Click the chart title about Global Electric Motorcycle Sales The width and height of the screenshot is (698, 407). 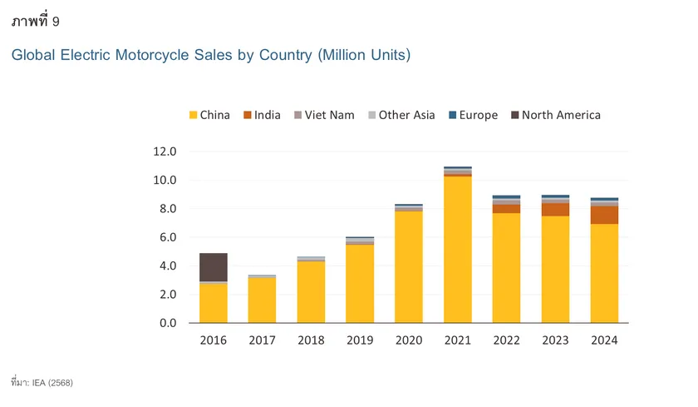click(210, 55)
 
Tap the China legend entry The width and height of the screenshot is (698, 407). click(209, 115)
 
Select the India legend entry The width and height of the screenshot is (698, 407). click(262, 115)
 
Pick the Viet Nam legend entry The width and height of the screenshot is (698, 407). click(323, 115)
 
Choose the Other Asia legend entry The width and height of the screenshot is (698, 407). click(401, 115)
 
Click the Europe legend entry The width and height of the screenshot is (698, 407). click(472, 115)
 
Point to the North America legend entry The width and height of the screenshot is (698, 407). click(554, 115)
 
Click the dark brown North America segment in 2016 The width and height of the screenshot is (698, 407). click(214, 267)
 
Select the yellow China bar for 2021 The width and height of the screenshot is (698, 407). click(458, 250)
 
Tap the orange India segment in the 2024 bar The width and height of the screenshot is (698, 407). click(604, 215)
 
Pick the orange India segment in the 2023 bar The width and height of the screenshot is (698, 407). click(555, 210)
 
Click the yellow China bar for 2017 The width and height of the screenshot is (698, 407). click(262, 300)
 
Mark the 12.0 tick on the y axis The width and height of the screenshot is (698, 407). click(165, 151)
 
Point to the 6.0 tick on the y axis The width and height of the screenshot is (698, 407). click(165, 237)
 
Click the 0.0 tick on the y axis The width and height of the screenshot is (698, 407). click(165, 323)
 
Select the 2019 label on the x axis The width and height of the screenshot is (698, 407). click(360, 340)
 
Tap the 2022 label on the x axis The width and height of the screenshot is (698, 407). click(507, 340)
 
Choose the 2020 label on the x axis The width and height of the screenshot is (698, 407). click(409, 340)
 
